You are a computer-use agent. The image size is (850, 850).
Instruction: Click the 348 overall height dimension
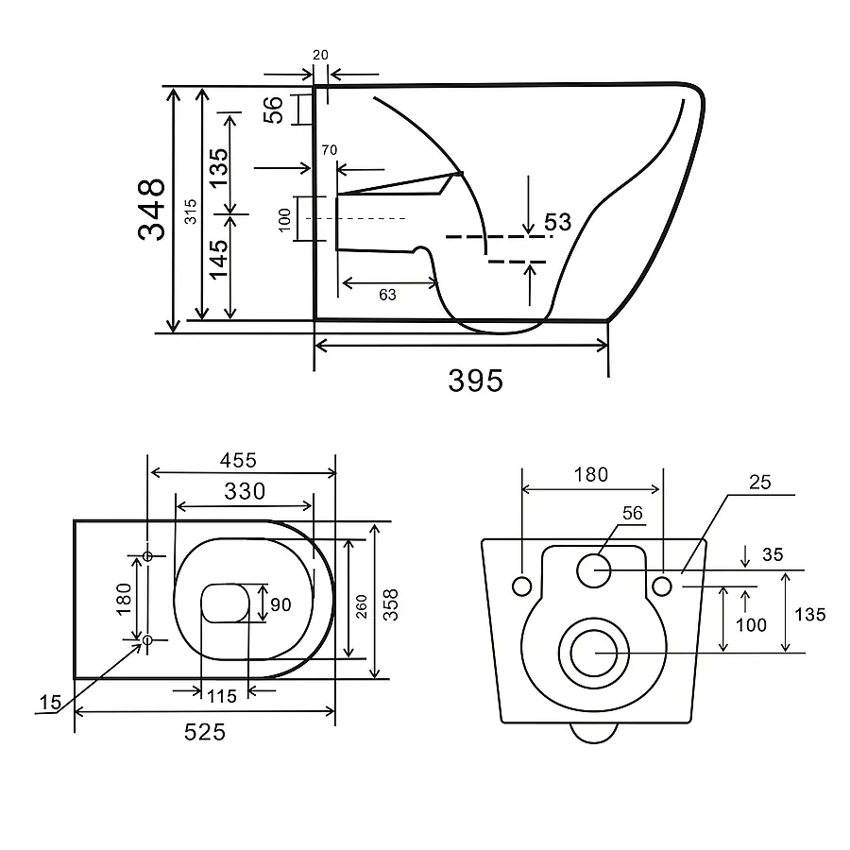(x=151, y=210)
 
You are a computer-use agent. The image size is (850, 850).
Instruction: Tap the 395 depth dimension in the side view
(x=475, y=381)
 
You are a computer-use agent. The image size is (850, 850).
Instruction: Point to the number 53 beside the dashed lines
(x=558, y=222)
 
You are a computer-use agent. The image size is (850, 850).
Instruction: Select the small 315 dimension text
(x=190, y=212)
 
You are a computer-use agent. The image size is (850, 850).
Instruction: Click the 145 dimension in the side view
(x=219, y=260)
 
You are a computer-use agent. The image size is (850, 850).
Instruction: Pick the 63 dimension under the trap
(x=387, y=295)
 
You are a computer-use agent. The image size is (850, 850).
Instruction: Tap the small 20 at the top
(x=320, y=55)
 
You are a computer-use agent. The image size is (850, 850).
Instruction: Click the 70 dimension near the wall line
(x=329, y=149)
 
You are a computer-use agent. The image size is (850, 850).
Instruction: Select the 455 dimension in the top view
(x=238, y=460)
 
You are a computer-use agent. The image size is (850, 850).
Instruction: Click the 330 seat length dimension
(x=245, y=491)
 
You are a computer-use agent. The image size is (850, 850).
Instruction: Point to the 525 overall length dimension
(x=204, y=732)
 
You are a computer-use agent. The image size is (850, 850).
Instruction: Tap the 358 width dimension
(x=390, y=604)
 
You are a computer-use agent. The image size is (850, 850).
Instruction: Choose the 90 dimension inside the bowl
(x=280, y=604)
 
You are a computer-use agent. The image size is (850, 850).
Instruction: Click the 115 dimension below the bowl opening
(x=222, y=696)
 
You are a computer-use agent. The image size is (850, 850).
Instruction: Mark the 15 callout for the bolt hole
(x=50, y=703)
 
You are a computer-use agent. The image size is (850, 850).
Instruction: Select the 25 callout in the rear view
(x=760, y=482)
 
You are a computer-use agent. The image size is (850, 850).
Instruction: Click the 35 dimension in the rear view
(x=773, y=554)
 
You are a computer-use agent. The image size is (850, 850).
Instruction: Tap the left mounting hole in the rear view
(x=522, y=586)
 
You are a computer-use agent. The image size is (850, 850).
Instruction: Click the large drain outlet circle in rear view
(x=594, y=654)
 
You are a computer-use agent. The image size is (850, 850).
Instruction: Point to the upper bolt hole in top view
(x=147, y=555)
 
